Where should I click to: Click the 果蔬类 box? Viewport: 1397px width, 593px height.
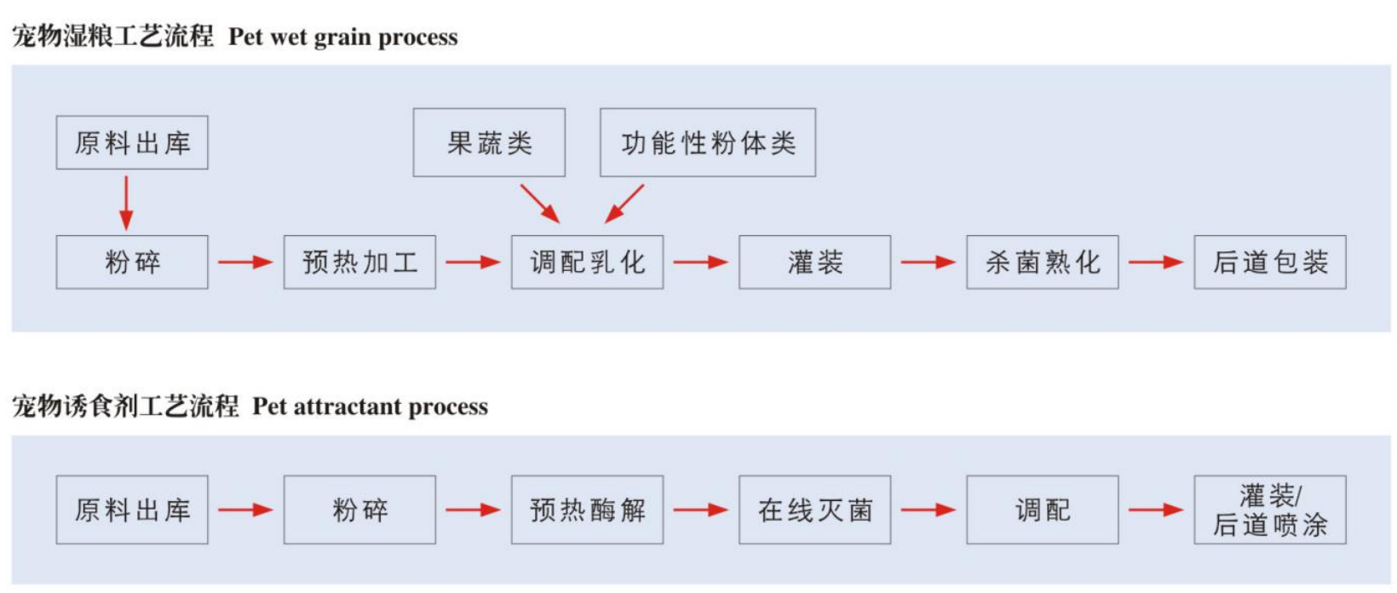[489, 142]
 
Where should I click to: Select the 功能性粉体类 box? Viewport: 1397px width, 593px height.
[707, 142]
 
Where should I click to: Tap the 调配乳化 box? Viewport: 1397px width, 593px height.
[587, 262]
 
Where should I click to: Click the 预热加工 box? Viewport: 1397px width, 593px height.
[359, 262]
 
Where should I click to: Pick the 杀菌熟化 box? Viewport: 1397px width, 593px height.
[1042, 262]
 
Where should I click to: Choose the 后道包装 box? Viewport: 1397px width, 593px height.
[1269, 262]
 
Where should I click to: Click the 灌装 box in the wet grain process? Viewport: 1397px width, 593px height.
[814, 262]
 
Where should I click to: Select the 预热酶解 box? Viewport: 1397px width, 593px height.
[587, 510]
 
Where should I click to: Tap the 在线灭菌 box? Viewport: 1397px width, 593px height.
[814, 510]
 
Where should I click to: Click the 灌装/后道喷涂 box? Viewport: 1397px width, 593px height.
[1269, 510]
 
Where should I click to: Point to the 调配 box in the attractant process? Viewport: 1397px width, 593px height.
[1042, 510]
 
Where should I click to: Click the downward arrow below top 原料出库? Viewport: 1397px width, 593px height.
[126, 203]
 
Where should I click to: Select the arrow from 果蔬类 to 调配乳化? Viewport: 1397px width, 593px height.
[540, 204]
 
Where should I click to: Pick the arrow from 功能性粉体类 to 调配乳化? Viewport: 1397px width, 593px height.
[624, 204]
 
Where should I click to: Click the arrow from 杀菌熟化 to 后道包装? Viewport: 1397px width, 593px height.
[1155, 262]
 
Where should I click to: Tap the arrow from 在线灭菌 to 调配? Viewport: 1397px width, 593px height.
[928, 510]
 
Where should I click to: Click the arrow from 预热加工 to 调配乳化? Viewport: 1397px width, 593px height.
[473, 262]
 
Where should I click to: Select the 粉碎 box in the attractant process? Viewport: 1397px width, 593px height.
[359, 510]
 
